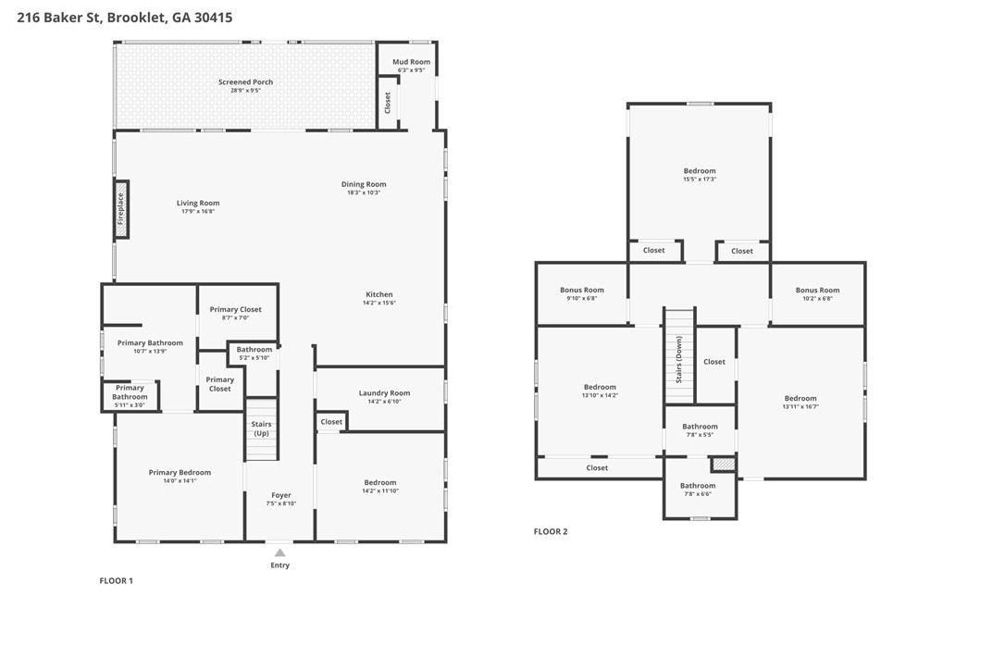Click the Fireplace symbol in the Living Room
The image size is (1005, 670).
click(x=121, y=210)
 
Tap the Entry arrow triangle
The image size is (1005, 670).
click(x=280, y=552)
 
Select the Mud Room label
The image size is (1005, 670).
click(x=412, y=62)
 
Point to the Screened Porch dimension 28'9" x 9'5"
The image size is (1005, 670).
click(x=245, y=91)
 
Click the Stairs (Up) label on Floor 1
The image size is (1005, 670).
click(x=262, y=428)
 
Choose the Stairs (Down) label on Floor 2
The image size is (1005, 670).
click(x=679, y=360)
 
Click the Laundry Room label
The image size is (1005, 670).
click(x=385, y=393)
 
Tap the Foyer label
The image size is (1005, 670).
click(x=281, y=495)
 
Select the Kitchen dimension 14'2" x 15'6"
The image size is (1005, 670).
click(x=379, y=303)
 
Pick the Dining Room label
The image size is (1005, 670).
click(x=364, y=184)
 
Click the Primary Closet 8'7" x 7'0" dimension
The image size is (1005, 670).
click(x=236, y=317)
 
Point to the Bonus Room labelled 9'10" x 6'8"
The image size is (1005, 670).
click(x=582, y=290)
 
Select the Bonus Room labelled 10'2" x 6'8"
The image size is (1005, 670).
click(x=818, y=290)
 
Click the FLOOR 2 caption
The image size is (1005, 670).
click(x=551, y=531)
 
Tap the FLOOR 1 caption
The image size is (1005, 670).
click(x=116, y=581)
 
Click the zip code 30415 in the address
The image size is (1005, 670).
click(x=214, y=18)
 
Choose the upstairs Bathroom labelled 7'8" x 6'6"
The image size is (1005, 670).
click(x=698, y=486)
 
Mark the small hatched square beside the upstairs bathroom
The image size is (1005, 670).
click(x=724, y=464)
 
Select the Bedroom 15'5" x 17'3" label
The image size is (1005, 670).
click(x=700, y=171)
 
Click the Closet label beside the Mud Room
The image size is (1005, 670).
click(x=387, y=103)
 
